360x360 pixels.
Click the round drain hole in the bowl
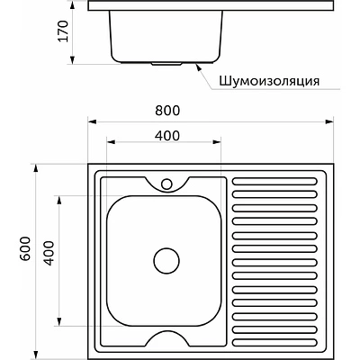(166, 261)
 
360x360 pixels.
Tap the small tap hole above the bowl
(166, 185)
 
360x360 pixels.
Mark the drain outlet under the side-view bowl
(166, 64)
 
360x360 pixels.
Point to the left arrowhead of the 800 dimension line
(90, 121)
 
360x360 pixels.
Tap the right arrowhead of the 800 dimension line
(332, 121)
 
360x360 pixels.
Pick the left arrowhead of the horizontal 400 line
(108, 144)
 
